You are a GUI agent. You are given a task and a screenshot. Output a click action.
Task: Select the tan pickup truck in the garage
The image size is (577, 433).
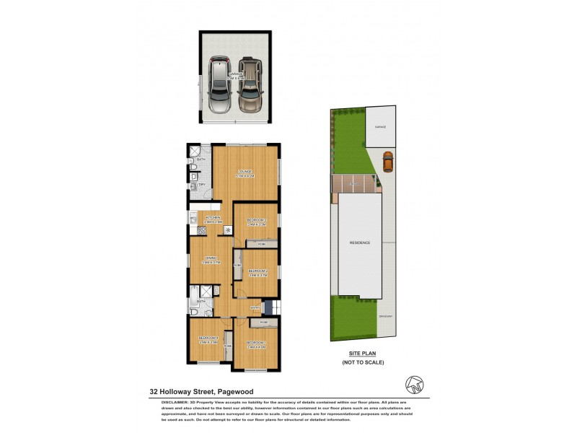[x=250, y=84]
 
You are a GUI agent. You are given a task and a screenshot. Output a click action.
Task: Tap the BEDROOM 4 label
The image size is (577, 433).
[x=208, y=339]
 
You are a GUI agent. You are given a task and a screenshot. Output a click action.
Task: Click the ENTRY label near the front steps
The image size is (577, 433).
[x=255, y=308]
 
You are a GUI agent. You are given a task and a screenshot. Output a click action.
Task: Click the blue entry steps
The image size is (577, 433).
[x=268, y=307]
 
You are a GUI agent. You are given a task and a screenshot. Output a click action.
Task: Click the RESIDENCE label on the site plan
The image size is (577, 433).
[x=361, y=242]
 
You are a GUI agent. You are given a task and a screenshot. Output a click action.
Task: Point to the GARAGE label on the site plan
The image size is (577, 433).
[x=380, y=127]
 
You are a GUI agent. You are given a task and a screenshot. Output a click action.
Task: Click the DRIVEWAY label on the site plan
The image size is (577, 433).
[x=387, y=316]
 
